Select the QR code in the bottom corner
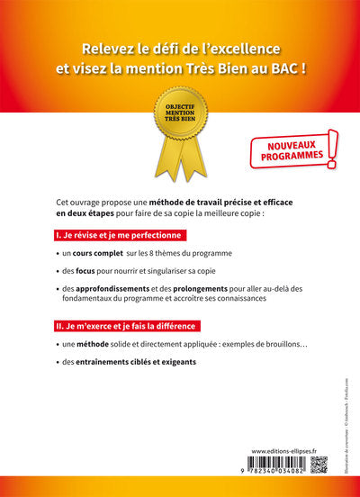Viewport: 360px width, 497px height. (318, 465)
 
